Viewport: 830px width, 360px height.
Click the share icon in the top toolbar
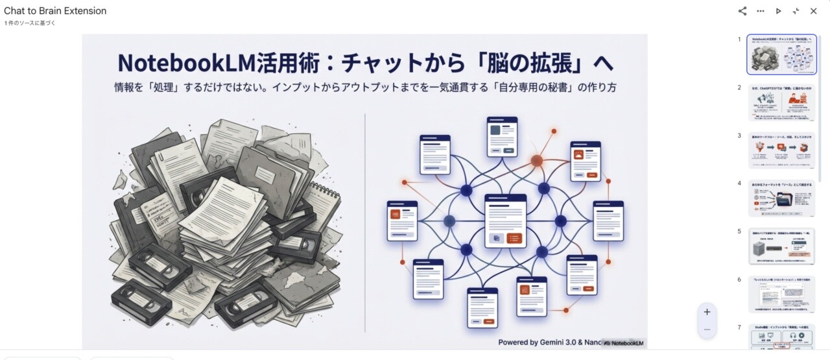pos(742,11)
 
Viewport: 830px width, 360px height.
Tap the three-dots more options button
pos(761,11)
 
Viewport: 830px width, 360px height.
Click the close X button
pos(813,11)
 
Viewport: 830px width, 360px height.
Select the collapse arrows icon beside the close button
pos(796,11)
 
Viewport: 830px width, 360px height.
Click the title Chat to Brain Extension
pos(55,11)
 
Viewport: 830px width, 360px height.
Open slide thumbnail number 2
pos(781,102)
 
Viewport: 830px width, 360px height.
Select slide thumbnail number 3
pos(781,150)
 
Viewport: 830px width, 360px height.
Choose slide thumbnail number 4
pos(781,198)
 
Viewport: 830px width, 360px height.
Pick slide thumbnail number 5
pos(781,246)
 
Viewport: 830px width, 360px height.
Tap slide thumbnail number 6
pos(781,294)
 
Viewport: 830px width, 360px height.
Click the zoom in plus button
pos(707,312)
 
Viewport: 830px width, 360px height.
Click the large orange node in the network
pos(537,160)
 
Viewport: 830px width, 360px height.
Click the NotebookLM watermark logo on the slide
pos(624,342)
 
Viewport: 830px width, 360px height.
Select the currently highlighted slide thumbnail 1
pos(781,54)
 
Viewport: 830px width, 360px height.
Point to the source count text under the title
pos(30,23)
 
